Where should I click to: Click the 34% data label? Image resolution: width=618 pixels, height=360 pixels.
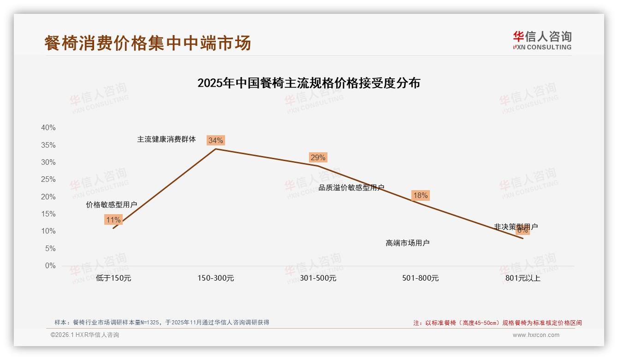(x=215, y=140)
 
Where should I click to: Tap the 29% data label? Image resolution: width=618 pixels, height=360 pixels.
(x=318, y=157)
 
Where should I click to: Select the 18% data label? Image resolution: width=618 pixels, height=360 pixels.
(x=420, y=195)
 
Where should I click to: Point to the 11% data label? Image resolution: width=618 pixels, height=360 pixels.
(x=113, y=220)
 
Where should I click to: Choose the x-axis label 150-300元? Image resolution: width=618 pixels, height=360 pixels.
(x=216, y=278)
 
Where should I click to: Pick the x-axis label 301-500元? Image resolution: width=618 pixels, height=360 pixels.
(x=318, y=278)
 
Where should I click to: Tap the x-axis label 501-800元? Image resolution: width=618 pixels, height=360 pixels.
(x=421, y=278)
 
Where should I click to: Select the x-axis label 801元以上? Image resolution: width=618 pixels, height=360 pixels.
(x=523, y=278)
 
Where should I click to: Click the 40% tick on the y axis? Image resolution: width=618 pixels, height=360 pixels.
(x=48, y=128)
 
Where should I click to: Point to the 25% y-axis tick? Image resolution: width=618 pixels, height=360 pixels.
(x=48, y=180)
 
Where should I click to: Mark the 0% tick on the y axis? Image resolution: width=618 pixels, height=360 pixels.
(x=50, y=266)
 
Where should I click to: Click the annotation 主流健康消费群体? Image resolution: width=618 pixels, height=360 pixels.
(x=166, y=139)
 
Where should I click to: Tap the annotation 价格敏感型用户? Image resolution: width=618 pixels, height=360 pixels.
(x=112, y=204)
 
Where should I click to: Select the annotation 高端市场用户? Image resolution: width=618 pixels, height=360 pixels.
(x=408, y=243)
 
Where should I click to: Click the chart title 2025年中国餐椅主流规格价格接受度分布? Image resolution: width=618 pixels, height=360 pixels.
(x=309, y=83)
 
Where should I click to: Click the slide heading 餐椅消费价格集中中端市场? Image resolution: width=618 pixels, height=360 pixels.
(x=148, y=43)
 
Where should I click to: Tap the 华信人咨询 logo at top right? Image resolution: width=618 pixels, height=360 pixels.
(x=542, y=40)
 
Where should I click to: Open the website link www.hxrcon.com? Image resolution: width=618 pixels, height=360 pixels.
(x=536, y=335)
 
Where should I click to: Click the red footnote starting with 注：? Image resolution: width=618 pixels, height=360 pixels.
(x=497, y=323)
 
